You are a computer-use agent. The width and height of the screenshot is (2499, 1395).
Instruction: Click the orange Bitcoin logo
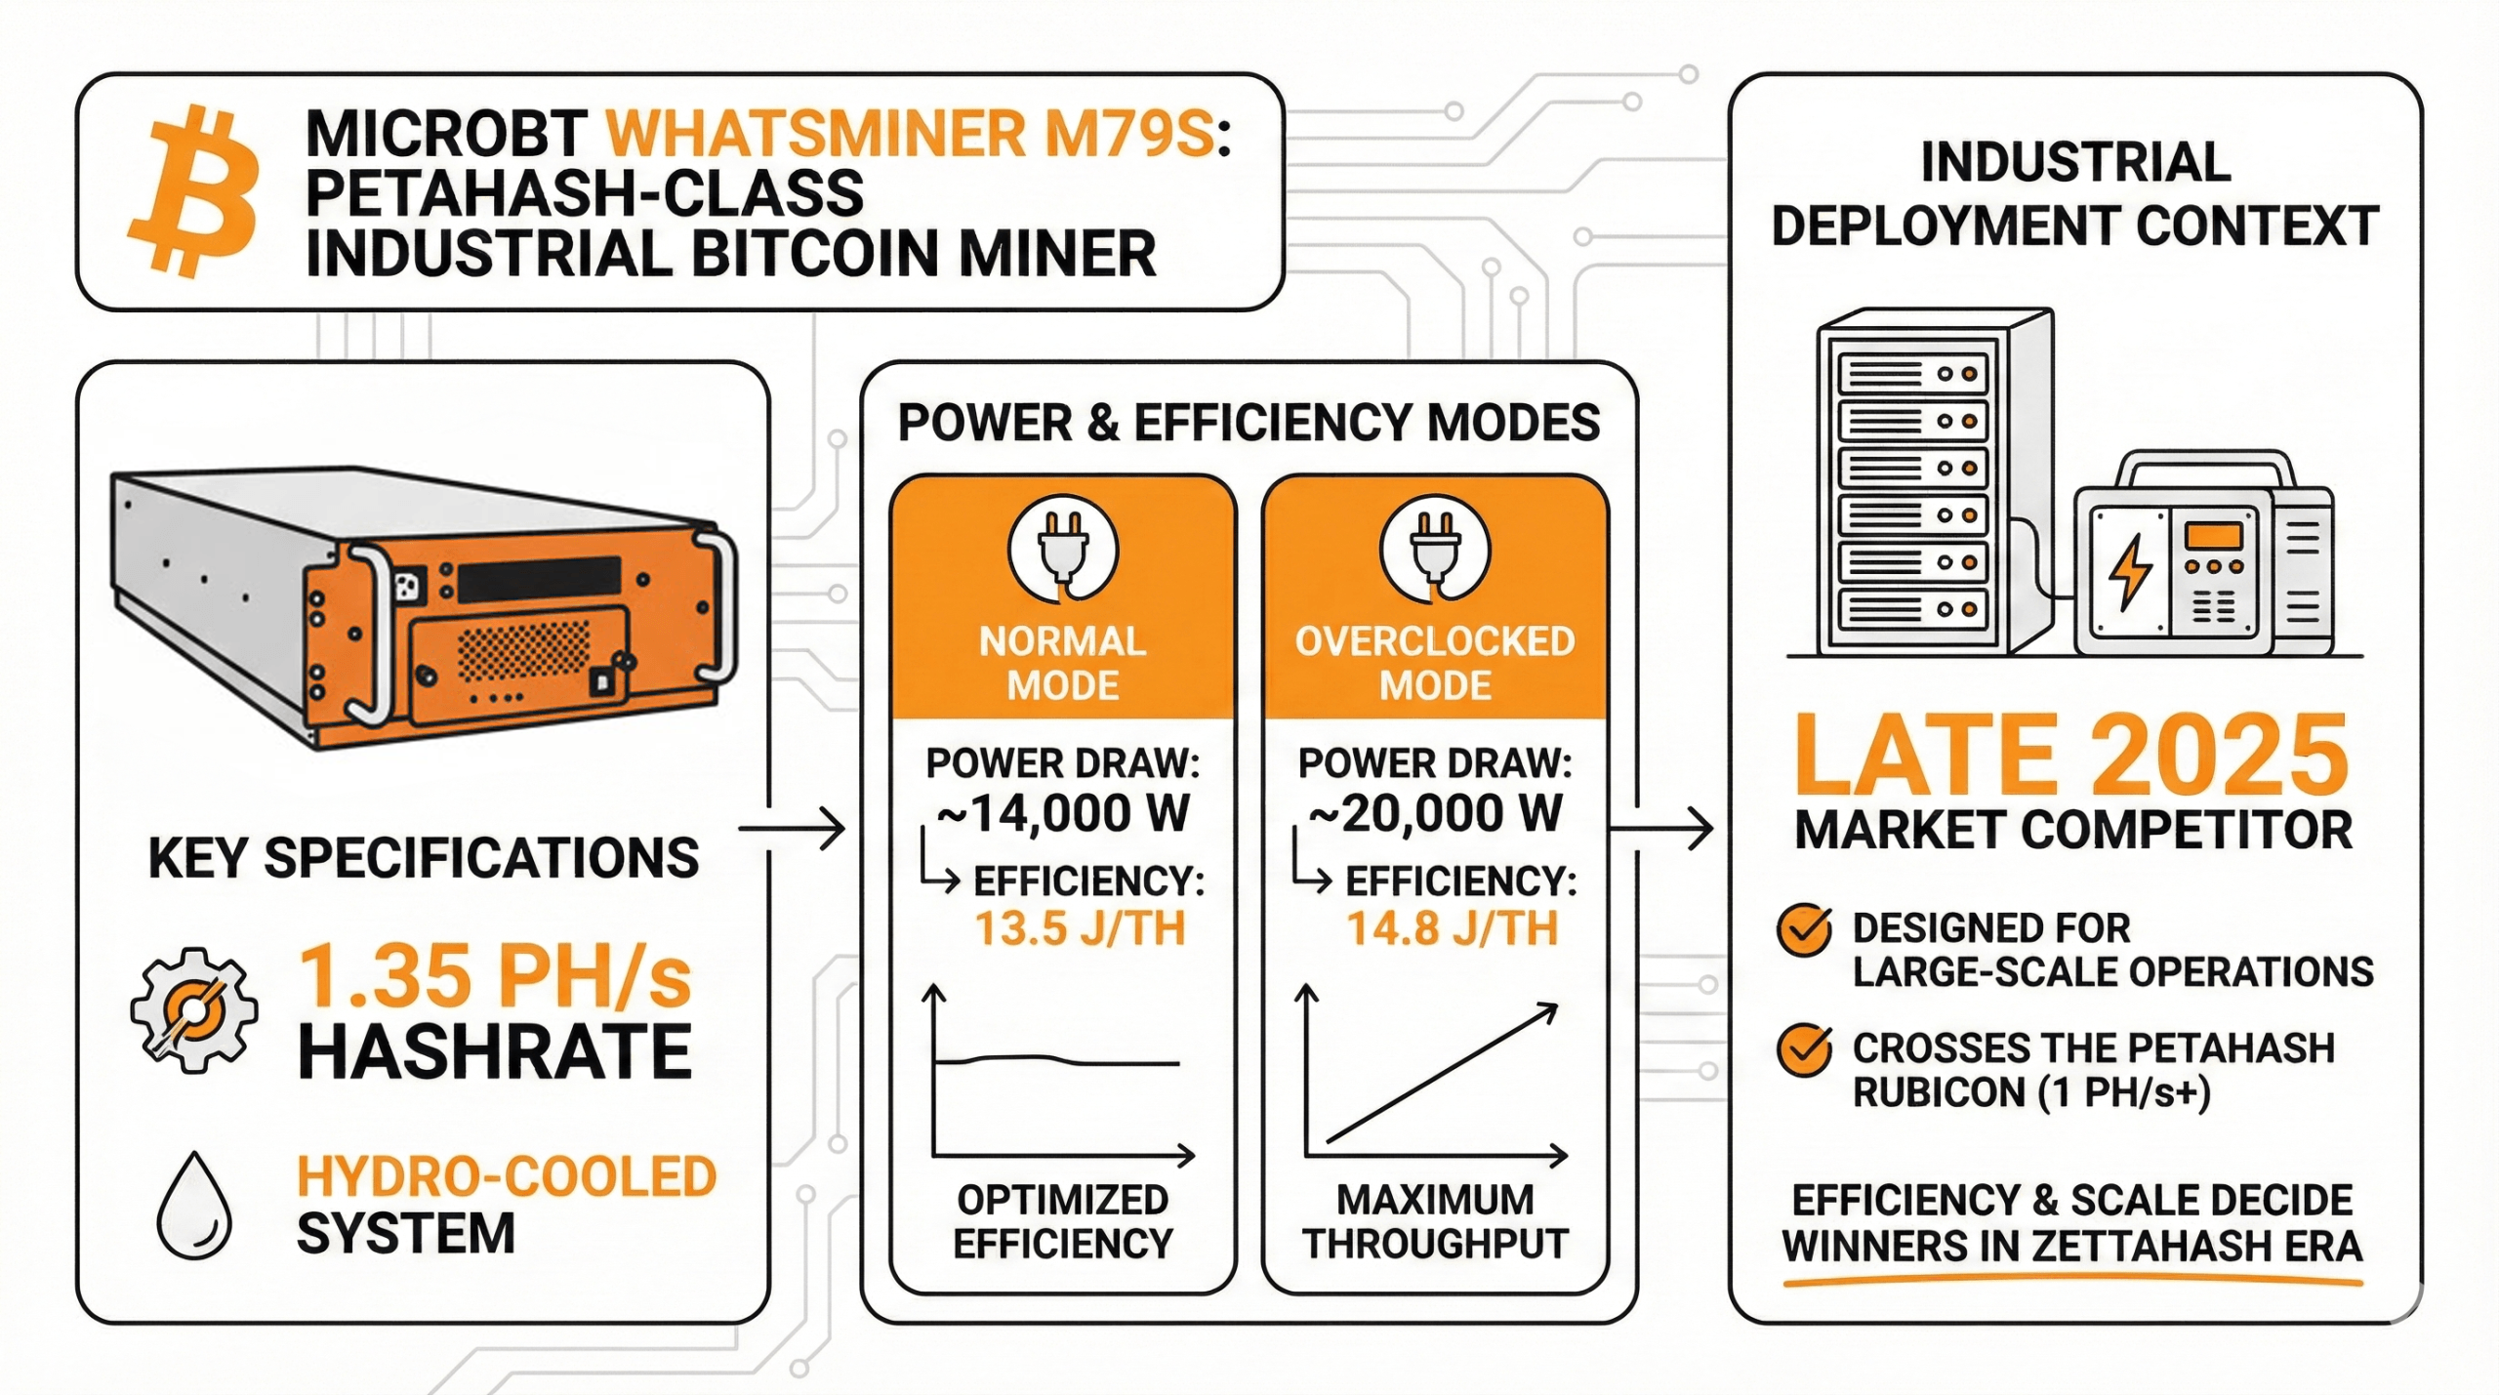[193, 191]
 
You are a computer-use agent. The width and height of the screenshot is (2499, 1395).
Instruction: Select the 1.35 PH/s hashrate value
[496, 976]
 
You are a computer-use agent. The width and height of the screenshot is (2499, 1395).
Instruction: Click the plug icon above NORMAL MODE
[1063, 552]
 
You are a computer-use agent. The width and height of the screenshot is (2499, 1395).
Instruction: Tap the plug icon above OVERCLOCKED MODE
[1435, 552]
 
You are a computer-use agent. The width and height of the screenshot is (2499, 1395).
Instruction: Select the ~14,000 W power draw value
[1063, 813]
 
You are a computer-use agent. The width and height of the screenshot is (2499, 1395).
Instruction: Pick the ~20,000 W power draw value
[1435, 813]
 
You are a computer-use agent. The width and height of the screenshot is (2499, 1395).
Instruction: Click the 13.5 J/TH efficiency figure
[1080, 928]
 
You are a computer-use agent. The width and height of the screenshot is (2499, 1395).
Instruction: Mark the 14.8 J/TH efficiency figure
[1453, 928]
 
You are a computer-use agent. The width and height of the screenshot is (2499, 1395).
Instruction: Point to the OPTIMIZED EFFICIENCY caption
[1063, 1221]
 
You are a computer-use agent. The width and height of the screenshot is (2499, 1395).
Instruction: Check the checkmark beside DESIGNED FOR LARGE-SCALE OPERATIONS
[1804, 930]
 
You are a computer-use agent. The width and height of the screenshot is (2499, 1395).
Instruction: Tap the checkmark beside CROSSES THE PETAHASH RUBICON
[1804, 1050]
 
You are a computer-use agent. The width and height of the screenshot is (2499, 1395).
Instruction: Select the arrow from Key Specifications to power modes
[792, 830]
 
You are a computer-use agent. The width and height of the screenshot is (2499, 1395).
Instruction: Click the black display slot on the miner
[539, 579]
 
